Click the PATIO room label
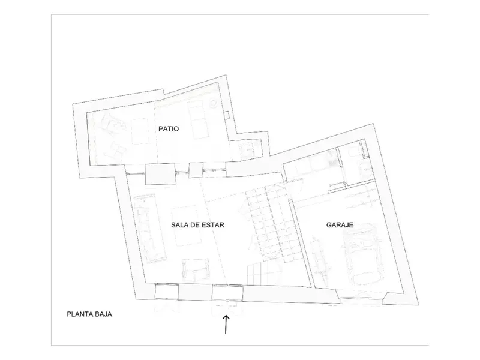coord(169,129)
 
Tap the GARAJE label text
coord(340,225)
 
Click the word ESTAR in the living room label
coord(214,225)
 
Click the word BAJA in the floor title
coord(104,314)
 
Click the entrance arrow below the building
coord(226,325)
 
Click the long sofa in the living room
coord(150,228)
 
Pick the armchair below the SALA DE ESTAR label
coord(196,269)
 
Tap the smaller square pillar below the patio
coord(196,170)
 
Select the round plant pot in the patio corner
coord(212,103)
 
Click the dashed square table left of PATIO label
coord(140,131)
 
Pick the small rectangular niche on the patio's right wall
coord(226,115)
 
